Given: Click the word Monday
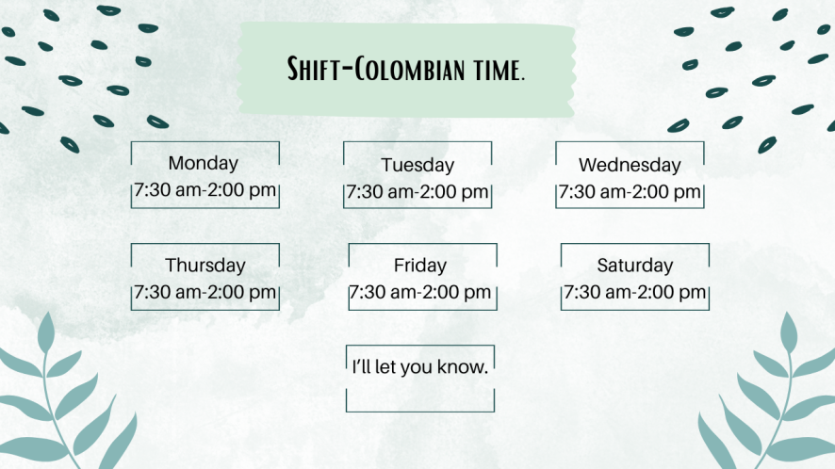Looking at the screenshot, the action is pyautogui.click(x=203, y=164).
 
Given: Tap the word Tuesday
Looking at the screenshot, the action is pyautogui.click(x=417, y=166).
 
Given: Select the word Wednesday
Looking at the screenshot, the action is pyautogui.click(x=630, y=165).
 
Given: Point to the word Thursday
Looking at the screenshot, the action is pyautogui.click(x=205, y=266).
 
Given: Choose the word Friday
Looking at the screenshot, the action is pyautogui.click(x=420, y=266).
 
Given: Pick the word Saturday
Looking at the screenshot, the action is pyautogui.click(x=635, y=266).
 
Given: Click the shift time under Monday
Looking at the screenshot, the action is pyautogui.click(x=205, y=190).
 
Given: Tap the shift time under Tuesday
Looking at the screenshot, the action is pyautogui.click(x=417, y=192).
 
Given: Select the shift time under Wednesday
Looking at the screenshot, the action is pyautogui.click(x=630, y=192).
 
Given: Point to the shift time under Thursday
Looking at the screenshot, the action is pyautogui.click(x=205, y=292).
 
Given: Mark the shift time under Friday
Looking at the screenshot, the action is pyautogui.click(x=420, y=292).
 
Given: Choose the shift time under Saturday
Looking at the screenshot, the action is pyautogui.click(x=635, y=292).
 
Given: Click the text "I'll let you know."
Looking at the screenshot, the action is pyautogui.click(x=420, y=367).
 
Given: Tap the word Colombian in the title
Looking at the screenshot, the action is pyautogui.click(x=409, y=69).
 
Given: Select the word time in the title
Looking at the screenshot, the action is pyautogui.click(x=495, y=71).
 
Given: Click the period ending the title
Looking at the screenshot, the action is pyautogui.click(x=522, y=79).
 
